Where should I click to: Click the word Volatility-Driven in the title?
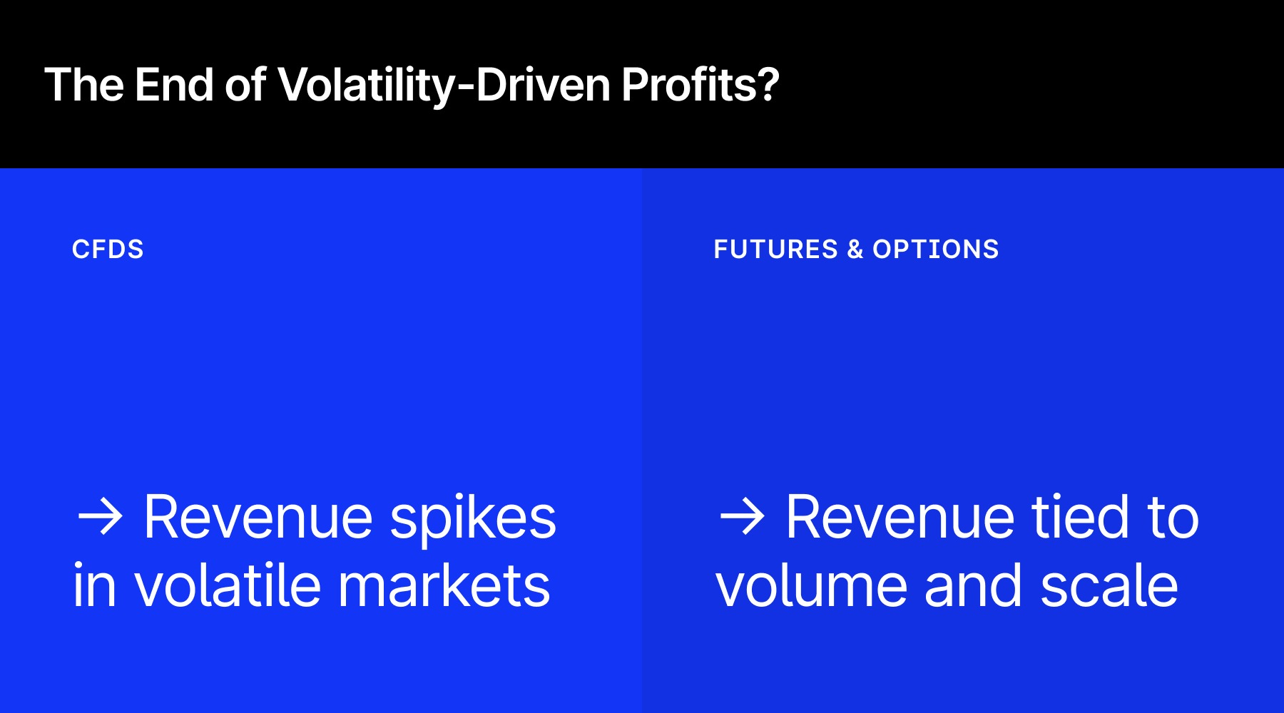pyautogui.click(x=444, y=86)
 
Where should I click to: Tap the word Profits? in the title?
pyautogui.click(x=700, y=86)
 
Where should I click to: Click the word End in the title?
pyautogui.click(x=174, y=86)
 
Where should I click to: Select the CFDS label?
pyautogui.click(x=108, y=250)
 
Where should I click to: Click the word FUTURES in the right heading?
pyautogui.click(x=775, y=250)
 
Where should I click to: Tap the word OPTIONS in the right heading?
pyautogui.click(x=935, y=250)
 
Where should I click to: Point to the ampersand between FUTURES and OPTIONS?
pyautogui.click(x=855, y=250)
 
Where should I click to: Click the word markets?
pyautogui.click(x=444, y=586)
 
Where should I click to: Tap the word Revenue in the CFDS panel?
pyautogui.click(x=258, y=518)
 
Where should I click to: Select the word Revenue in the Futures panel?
pyautogui.click(x=900, y=518)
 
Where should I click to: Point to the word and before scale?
pyautogui.click(x=973, y=586)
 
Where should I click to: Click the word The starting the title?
pyautogui.click(x=84, y=86)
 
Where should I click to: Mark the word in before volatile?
pyautogui.click(x=94, y=586)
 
